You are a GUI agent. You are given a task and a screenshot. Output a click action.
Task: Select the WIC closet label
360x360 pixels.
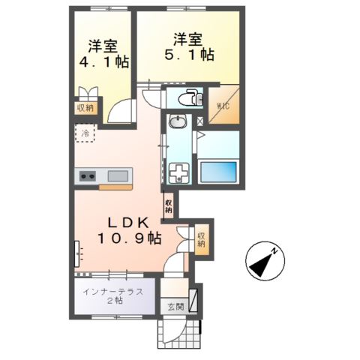[x=223, y=106]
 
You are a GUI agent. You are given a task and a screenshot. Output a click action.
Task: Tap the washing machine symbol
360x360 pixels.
[x=180, y=174]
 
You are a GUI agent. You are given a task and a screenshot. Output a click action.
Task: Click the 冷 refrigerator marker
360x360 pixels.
[x=85, y=133]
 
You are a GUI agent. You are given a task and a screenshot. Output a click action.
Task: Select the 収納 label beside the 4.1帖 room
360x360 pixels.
[x=85, y=107]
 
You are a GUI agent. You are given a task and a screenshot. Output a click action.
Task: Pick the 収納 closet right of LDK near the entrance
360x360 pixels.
[x=202, y=240]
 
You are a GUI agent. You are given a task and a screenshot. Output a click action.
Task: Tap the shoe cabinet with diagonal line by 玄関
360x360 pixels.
[x=194, y=300]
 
